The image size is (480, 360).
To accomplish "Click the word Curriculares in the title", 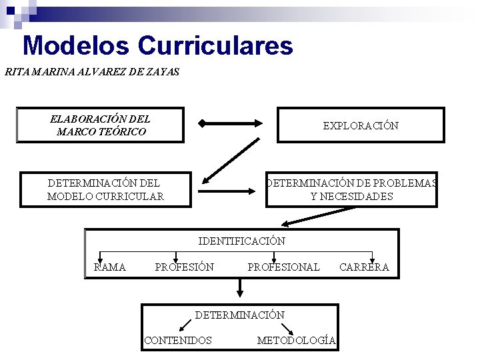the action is (x=215, y=46).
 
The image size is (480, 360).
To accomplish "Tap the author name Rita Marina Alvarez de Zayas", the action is (x=92, y=71).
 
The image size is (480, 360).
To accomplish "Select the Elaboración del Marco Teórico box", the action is (x=100, y=125).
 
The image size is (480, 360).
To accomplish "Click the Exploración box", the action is (x=361, y=125).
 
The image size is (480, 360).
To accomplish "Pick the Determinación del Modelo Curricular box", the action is (x=106, y=189).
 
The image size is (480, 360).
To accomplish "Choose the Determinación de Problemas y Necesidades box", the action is (x=351, y=189).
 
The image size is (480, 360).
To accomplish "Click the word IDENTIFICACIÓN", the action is (x=242, y=241).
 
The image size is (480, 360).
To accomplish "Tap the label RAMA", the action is (x=110, y=267).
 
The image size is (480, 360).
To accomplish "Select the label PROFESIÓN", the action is (x=184, y=267).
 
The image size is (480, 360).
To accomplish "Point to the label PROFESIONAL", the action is (x=283, y=267).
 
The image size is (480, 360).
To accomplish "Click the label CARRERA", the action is (x=364, y=267).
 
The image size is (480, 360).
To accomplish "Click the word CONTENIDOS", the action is (x=178, y=340).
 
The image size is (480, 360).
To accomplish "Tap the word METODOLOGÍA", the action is (x=296, y=340).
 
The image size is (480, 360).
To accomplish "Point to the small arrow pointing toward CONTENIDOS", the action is (x=186, y=325).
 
